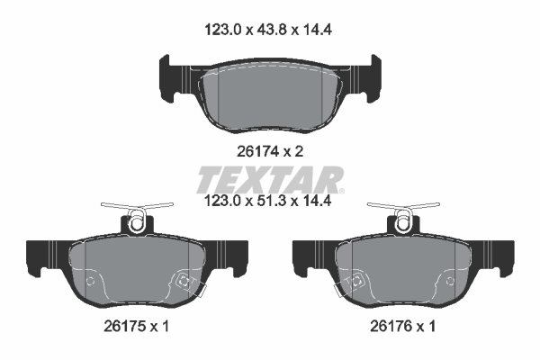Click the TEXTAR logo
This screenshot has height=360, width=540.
[x=270, y=180]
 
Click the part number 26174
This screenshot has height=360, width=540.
[x=258, y=151]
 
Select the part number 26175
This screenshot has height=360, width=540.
[x=125, y=326]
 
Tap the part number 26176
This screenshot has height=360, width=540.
[x=391, y=326]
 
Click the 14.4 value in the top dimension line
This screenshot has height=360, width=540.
[x=318, y=31]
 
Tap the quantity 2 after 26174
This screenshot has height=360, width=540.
[x=299, y=151]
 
